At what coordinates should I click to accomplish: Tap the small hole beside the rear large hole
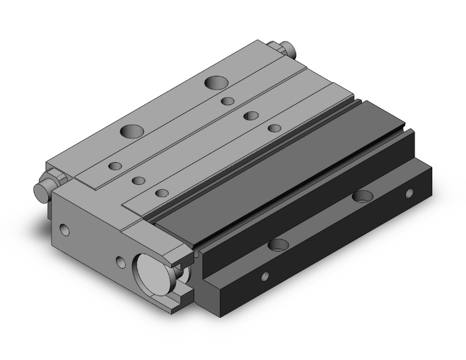click(228, 101)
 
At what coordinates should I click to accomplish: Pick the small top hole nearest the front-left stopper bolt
click(115, 166)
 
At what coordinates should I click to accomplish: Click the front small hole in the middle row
click(139, 180)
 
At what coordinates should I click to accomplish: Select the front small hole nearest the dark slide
click(162, 193)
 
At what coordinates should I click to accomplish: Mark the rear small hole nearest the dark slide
click(274, 128)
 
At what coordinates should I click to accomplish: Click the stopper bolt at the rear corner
click(286, 49)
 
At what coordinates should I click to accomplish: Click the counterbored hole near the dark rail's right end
click(362, 197)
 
